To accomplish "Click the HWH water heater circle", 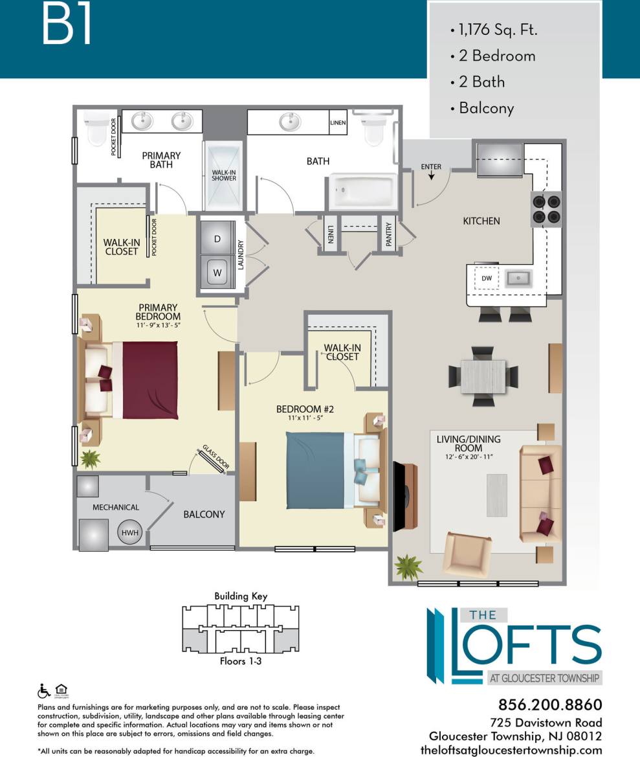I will pos(129,532).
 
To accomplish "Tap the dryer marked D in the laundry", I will pos(217,239).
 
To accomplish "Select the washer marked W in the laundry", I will pos(217,272).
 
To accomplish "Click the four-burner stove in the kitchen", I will pos(546,210).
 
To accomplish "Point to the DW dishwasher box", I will pos(487,278).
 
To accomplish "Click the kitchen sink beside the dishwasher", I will pos(518,278).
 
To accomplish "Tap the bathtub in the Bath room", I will pos(362,192).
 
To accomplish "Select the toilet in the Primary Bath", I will pos(96,129).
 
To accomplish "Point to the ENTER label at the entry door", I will pos(431,167).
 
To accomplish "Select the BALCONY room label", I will pos(204,514).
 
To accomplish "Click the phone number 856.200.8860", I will pos(550,705).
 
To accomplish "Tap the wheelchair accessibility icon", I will pos(45,690).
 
